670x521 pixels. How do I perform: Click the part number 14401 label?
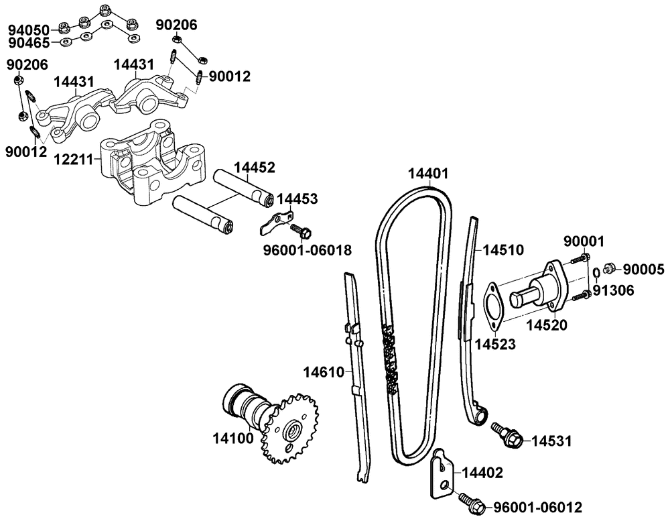tap(428, 174)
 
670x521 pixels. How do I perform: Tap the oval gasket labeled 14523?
tap(495, 306)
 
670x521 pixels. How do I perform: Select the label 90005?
tap(644, 270)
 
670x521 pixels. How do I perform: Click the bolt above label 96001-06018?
tap(301, 231)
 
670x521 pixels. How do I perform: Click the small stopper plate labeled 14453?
tap(275, 223)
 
